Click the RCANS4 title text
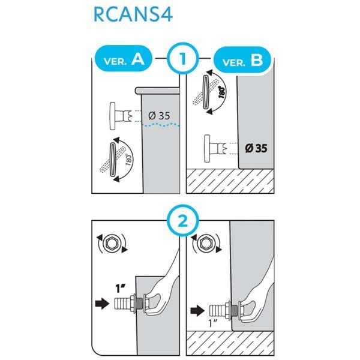pyautogui.click(x=133, y=14)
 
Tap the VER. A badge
pyautogui.click(x=124, y=58)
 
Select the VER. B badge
pyautogui.click(x=242, y=59)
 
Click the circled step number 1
pyautogui.click(x=183, y=59)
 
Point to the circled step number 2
pyautogui.click(x=183, y=222)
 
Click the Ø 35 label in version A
pyautogui.click(x=159, y=115)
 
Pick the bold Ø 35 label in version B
pyautogui.click(x=256, y=148)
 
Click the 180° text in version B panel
pyautogui.click(x=222, y=92)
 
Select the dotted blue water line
pyautogui.click(x=161, y=125)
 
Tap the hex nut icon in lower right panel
pyautogui.click(x=206, y=243)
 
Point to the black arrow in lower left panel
pyautogui.click(x=102, y=304)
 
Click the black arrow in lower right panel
pyautogui.click(x=197, y=311)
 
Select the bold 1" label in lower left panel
pyautogui.click(x=121, y=289)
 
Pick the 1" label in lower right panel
pyautogui.click(x=213, y=323)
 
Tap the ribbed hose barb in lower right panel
pyautogui.click(x=217, y=311)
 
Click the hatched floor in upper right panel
pyautogui.click(x=230, y=181)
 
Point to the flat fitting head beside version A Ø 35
pyautogui.click(x=113, y=116)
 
